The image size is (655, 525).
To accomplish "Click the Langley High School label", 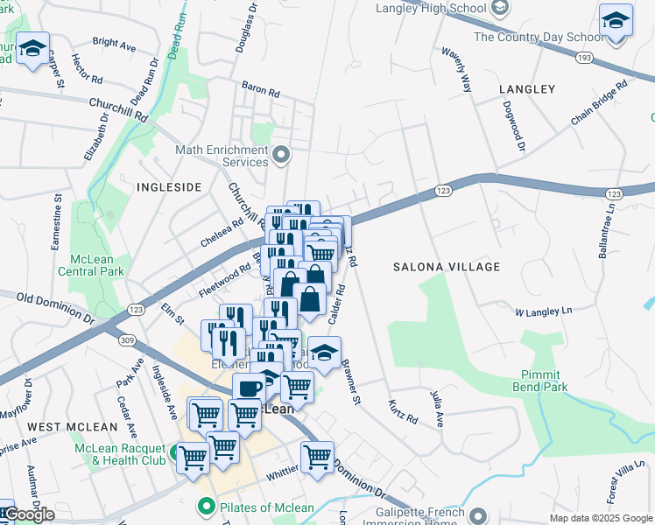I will pos(429,9).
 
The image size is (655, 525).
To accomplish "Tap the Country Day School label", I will pos(539,37).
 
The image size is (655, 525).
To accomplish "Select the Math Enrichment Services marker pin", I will pos(281,156).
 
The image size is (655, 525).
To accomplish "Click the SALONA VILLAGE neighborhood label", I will pos(446,267).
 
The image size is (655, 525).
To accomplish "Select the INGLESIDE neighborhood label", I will pos(169,187).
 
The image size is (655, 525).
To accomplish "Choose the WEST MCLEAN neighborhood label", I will pos(72,427).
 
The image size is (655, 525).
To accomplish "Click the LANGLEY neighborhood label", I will pos(527,89).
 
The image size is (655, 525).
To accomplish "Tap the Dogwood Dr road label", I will pos(514,128).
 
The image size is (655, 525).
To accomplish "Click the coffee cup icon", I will pos(249,388).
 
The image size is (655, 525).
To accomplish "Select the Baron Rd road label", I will pos(261,89).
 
